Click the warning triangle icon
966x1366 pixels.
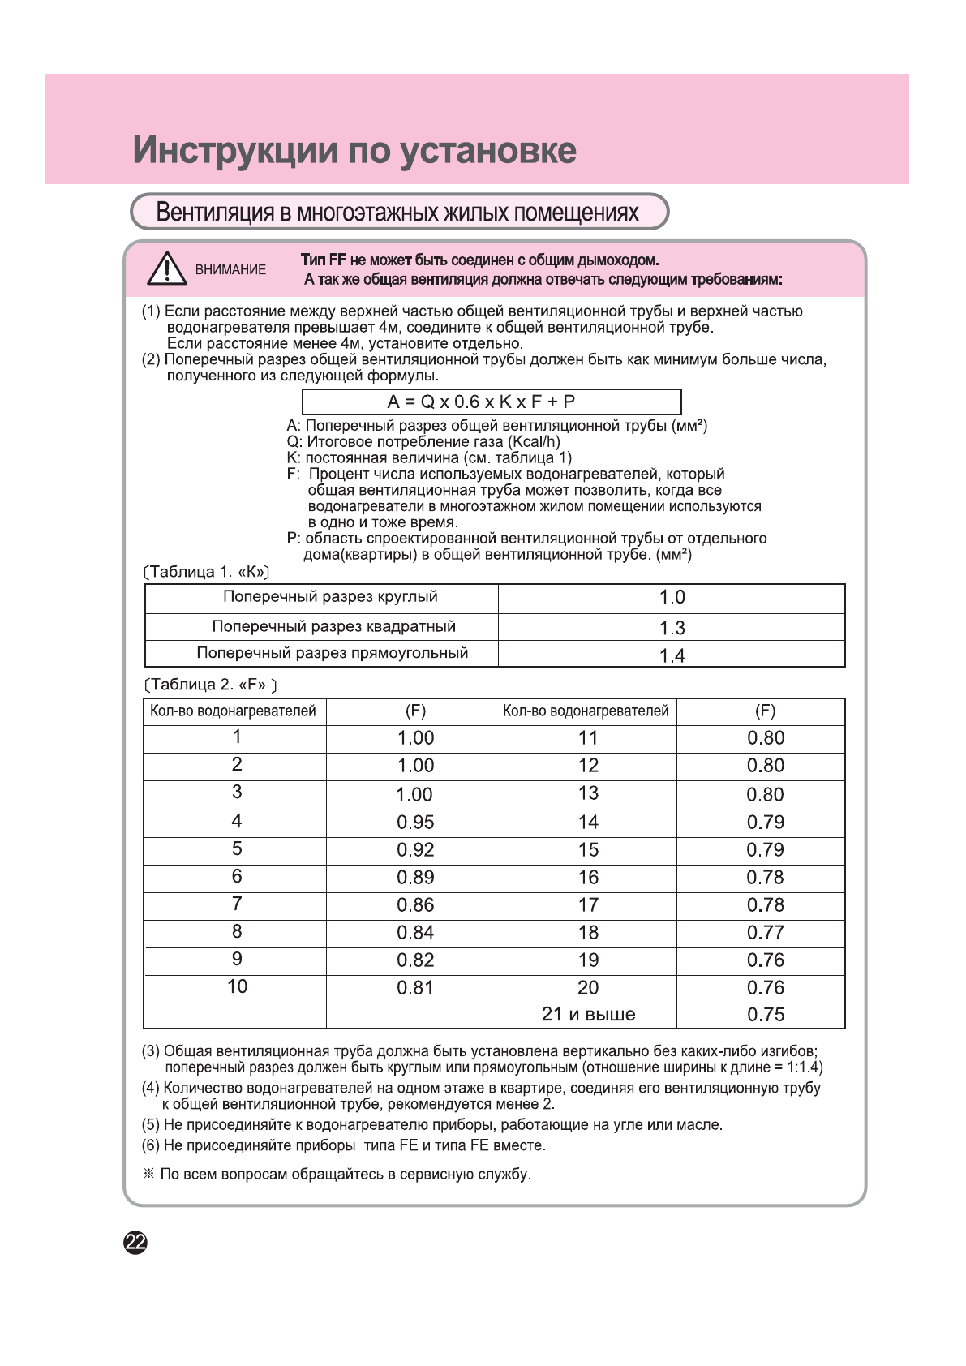167,268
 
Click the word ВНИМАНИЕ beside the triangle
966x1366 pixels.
230,270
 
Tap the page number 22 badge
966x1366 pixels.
135,1242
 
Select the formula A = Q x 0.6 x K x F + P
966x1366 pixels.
482,402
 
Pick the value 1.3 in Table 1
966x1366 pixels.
672,628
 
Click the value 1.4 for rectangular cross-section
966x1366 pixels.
672,655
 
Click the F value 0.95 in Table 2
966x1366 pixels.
415,823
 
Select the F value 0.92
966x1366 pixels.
415,850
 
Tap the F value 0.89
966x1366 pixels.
415,878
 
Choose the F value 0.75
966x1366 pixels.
765,1015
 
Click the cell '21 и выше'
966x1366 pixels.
588,1015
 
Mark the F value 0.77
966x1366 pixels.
765,933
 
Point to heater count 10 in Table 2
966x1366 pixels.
237,987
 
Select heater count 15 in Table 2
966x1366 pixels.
588,850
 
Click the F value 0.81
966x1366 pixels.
415,988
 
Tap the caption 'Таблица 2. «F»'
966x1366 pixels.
211,685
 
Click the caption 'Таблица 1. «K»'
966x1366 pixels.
207,572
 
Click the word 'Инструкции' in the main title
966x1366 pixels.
235,151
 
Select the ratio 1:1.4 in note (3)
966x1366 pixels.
802,1067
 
